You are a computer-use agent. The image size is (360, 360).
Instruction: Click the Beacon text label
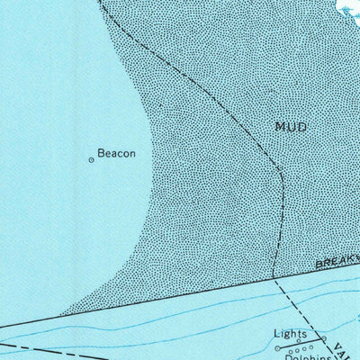[x=117, y=154]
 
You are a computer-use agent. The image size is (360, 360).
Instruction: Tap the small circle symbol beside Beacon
[x=91, y=160]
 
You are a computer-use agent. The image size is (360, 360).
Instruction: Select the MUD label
[x=291, y=127]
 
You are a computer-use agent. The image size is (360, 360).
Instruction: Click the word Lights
[x=290, y=333]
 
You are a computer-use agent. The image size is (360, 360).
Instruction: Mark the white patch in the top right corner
[x=347, y=7]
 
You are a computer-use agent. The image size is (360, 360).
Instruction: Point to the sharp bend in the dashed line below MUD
[x=282, y=176]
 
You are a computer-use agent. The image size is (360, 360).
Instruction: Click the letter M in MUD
[x=281, y=127]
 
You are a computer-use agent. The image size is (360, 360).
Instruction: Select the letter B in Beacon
[x=101, y=154]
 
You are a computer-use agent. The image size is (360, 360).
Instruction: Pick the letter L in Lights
[x=276, y=333]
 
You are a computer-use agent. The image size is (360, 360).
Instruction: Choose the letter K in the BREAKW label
[x=347, y=259]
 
